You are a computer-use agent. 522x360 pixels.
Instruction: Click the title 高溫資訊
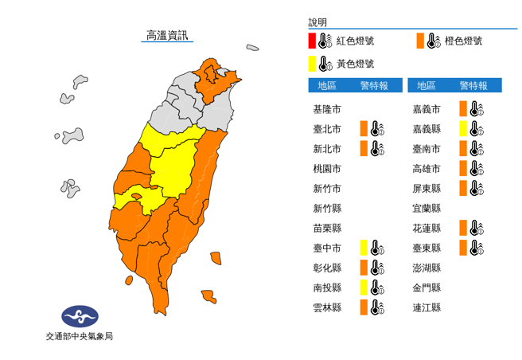coord(167,35)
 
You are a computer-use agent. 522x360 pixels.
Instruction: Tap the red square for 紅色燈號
coord(313,41)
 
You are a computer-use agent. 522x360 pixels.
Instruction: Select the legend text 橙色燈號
coord(464,41)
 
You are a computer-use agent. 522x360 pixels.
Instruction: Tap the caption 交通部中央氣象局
coord(79,337)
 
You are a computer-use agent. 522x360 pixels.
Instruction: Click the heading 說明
coord(317,22)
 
